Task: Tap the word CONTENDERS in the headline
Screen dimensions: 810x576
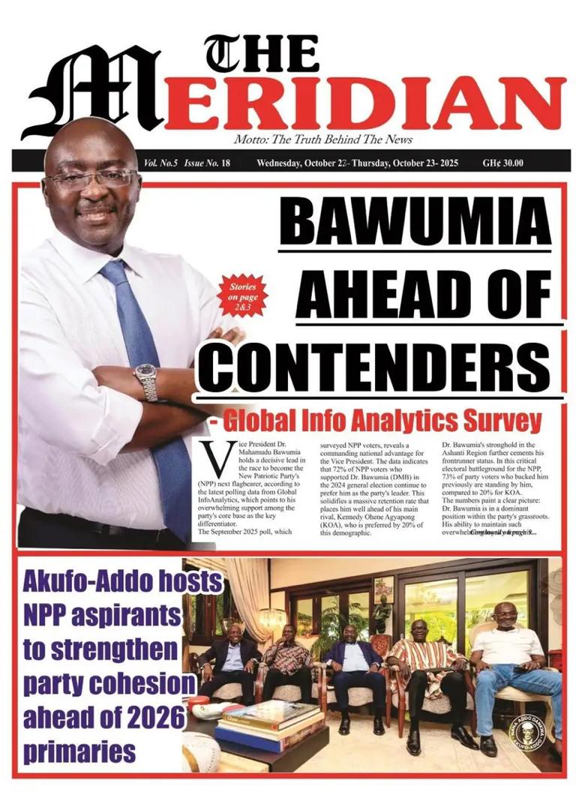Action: click(379, 366)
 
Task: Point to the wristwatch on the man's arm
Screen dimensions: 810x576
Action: click(147, 382)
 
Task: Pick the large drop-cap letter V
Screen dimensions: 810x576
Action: click(217, 458)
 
